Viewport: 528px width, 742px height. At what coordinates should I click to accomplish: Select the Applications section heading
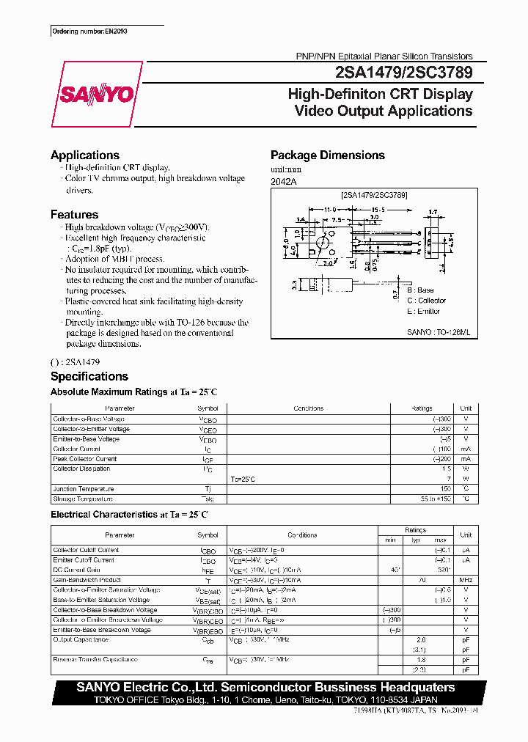coord(85,155)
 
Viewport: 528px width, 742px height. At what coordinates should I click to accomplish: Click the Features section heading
coord(74,215)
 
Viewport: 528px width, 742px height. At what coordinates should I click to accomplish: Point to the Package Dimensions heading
coord(327,155)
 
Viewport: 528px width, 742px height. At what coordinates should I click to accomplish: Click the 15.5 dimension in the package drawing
coord(367,210)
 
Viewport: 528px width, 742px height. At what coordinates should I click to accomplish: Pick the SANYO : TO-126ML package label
coord(437,332)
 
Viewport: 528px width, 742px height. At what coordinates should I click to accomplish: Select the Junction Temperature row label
coord(84,489)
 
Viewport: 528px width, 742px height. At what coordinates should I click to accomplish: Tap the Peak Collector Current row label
coord(84,459)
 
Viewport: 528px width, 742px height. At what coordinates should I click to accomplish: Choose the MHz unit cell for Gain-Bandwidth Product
coord(465,580)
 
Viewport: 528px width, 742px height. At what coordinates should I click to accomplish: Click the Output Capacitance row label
coord(80,640)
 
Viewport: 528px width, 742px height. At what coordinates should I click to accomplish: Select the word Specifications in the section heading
coord(89,376)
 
